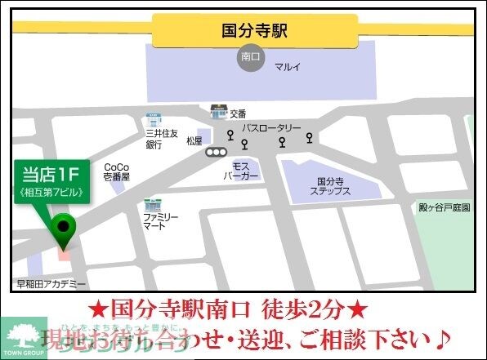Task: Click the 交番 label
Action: (238, 113)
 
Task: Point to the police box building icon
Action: (218, 110)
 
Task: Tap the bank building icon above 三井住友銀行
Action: (153, 119)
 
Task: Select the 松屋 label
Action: (194, 141)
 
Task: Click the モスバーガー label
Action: (241, 170)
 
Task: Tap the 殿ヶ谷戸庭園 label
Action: (444, 207)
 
